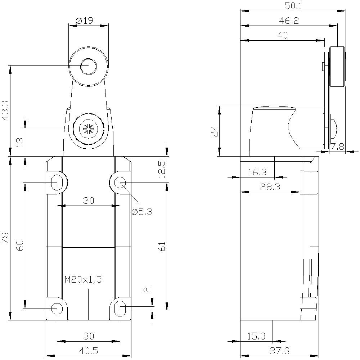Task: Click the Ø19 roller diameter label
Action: coord(85,21)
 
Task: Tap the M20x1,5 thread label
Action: coord(83,279)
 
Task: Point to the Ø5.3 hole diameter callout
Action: coord(141,212)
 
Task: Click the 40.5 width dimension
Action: coord(88,350)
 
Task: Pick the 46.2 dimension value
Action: coord(289,21)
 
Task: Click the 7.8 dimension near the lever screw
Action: coord(338,147)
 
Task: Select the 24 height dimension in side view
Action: coord(213,131)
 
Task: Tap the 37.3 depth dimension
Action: coord(279,350)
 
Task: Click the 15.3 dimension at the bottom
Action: coord(256,336)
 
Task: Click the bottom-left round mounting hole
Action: coord(57,309)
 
